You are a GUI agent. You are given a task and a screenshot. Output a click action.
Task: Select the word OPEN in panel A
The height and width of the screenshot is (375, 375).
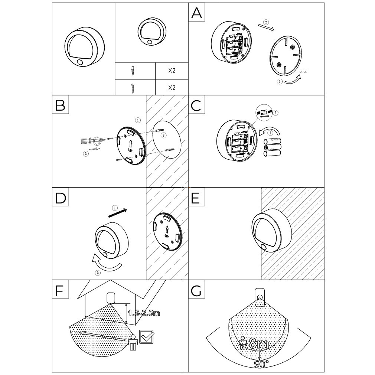click(x=303, y=72)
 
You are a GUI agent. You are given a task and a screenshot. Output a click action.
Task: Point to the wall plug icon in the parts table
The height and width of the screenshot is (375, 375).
click(x=132, y=71)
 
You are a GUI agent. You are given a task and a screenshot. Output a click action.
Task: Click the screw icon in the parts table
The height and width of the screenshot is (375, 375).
click(x=133, y=88)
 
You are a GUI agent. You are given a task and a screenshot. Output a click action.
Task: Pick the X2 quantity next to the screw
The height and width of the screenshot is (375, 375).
click(x=172, y=88)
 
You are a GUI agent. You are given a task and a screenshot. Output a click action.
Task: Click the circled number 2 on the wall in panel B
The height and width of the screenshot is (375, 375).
click(x=164, y=135)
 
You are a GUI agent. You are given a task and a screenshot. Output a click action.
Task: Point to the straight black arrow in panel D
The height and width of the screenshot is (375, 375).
click(x=118, y=213)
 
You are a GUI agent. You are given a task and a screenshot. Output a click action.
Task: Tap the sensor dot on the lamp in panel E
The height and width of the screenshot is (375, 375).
click(x=264, y=247)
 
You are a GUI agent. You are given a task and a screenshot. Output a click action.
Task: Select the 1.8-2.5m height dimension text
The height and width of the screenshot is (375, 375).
click(x=144, y=313)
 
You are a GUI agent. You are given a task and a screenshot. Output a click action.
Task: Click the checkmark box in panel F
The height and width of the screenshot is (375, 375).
click(x=146, y=336)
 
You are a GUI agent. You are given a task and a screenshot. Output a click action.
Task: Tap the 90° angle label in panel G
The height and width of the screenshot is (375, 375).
click(x=261, y=364)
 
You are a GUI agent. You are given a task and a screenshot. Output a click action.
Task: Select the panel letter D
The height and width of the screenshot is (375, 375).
click(x=60, y=198)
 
